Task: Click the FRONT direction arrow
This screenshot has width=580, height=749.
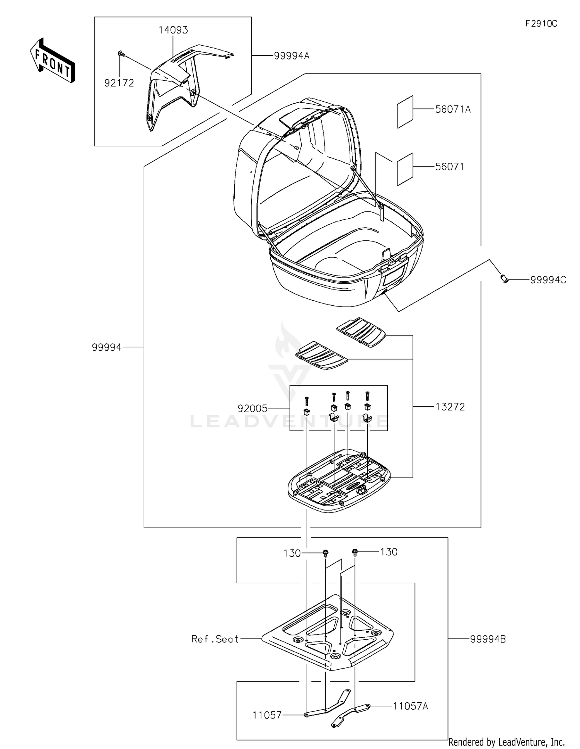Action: [52, 61]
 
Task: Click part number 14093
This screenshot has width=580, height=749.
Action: [173, 30]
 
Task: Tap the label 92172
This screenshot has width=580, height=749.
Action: [119, 83]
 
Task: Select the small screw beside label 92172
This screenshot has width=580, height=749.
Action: [121, 53]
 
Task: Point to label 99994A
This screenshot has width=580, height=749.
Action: [292, 56]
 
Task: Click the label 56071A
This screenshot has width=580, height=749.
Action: [453, 109]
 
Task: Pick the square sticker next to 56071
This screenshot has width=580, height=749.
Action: [405, 169]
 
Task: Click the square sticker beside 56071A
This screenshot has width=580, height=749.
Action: [405, 112]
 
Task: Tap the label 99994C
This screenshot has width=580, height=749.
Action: [548, 280]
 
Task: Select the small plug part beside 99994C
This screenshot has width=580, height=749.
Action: [503, 278]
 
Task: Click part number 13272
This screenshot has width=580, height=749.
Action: [450, 407]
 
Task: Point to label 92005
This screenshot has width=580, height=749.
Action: [252, 409]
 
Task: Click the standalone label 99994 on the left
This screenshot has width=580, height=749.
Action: [107, 347]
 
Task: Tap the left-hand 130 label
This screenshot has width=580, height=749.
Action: [292, 553]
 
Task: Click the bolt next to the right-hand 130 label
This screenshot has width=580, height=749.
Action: [355, 553]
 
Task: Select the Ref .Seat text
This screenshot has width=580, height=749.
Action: [215, 639]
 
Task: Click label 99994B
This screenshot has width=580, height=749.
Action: [488, 639]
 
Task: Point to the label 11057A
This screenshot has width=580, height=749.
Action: [410, 706]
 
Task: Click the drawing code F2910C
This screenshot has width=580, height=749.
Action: [541, 24]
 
